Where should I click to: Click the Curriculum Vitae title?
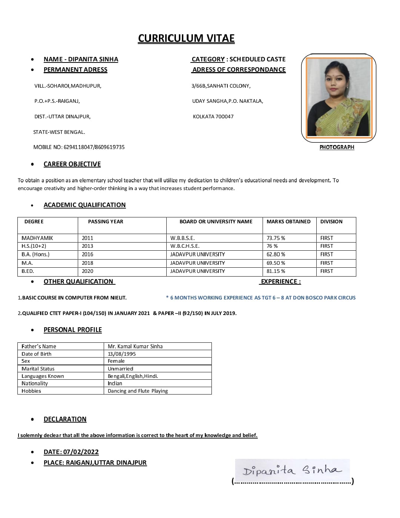(x=186, y=38)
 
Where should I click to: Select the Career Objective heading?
(x=72, y=164)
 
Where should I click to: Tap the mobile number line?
(x=79, y=147)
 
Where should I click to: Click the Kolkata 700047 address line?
(x=213, y=116)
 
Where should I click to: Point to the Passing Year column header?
(x=106, y=221)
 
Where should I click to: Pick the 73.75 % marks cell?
(x=276, y=238)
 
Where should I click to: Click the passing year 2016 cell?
(x=88, y=254)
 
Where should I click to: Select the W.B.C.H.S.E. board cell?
(x=185, y=246)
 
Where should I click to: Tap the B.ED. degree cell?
(x=28, y=271)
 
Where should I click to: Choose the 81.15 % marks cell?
(x=276, y=271)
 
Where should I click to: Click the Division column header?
(x=331, y=221)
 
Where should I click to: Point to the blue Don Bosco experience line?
(x=261, y=298)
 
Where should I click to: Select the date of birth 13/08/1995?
(x=122, y=354)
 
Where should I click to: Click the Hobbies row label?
(x=31, y=391)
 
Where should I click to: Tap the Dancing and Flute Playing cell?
(x=138, y=391)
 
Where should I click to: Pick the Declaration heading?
(x=65, y=419)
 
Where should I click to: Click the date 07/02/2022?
(x=81, y=452)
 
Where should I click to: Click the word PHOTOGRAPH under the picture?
(x=337, y=147)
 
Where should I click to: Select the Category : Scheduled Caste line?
(x=239, y=59)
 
